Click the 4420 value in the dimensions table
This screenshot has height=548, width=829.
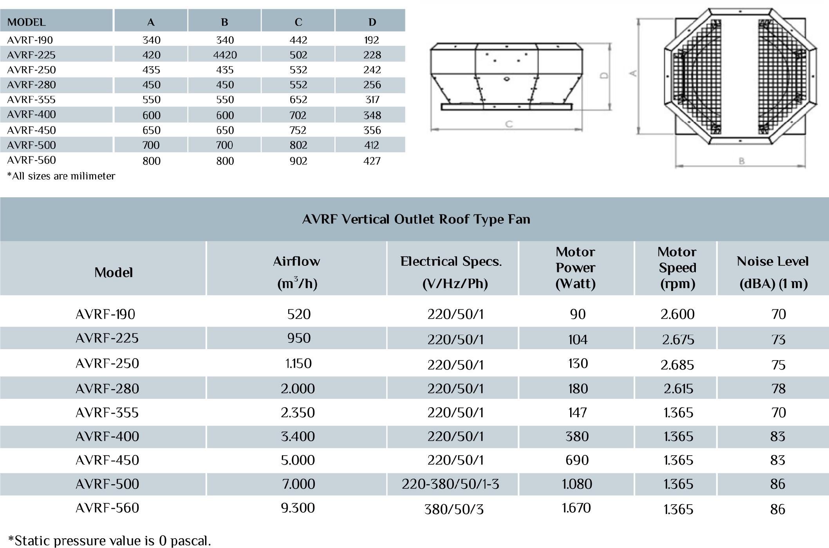coord(225,55)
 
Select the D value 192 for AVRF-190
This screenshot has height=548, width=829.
coord(371,40)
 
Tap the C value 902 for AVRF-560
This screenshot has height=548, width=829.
coord(298,161)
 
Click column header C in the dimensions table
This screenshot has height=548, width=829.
coord(298,22)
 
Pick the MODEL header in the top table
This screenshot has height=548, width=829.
coord(27,22)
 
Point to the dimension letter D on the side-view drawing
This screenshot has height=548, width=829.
coord(604,75)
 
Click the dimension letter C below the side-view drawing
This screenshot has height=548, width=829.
coord(509,124)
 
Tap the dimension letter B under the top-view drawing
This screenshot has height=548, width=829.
coord(741,161)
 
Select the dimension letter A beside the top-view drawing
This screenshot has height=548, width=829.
coord(633,73)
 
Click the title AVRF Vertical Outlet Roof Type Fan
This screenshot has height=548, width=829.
coord(416,219)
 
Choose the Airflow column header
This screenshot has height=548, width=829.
coord(297,272)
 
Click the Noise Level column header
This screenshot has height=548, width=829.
coord(773,272)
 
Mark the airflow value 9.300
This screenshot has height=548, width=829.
coord(298,508)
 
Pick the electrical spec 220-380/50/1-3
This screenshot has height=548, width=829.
coord(450,484)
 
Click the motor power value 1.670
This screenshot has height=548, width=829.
coord(576,508)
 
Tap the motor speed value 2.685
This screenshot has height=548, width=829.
coord(677,365)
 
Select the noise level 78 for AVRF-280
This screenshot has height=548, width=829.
coord(778,388)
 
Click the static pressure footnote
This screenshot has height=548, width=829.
coord(110,541)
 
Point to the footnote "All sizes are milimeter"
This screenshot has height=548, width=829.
coord(61,176)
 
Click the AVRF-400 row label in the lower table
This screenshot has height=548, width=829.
coord(107,436)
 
